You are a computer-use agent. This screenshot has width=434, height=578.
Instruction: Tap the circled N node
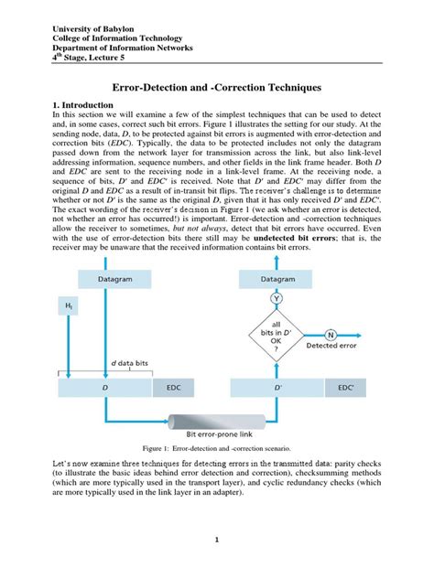[329, 334]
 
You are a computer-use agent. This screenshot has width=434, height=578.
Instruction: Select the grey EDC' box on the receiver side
[345, 388]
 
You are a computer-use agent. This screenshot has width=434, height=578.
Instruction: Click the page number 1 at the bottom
[217, 541]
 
